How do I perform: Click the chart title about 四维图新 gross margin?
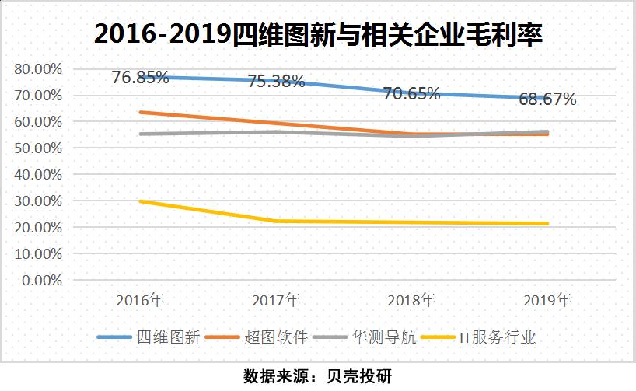317,34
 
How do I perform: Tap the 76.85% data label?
141,77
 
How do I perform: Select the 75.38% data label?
276,81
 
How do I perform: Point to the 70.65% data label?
411,94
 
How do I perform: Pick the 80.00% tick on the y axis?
38,69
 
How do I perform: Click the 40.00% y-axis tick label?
38,175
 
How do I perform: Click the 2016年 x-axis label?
141,299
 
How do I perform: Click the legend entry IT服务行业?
501,337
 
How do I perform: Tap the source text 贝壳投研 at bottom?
358,376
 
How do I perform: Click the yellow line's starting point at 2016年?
141,201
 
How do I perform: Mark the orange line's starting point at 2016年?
141,112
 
